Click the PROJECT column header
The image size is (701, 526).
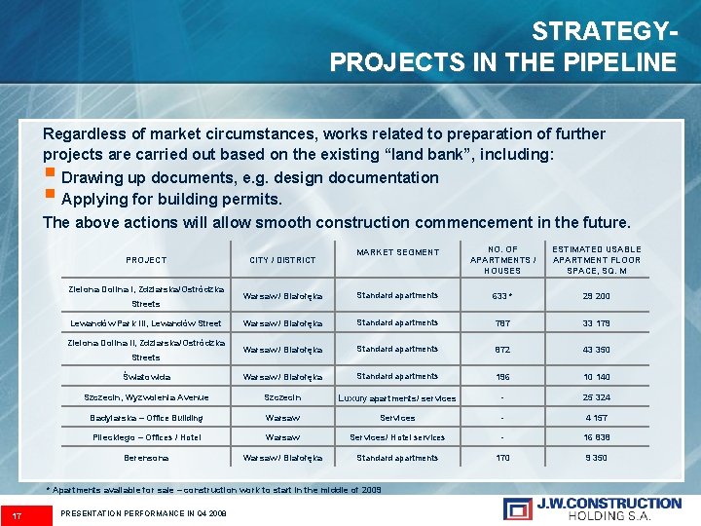146,260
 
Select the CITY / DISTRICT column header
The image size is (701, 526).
282,260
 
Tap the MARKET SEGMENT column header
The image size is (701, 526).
397,252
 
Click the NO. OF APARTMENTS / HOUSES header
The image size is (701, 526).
502,259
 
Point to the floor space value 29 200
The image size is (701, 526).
596,296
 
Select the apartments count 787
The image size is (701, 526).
502,323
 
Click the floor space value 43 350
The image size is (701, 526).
596,350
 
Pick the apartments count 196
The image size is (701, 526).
502,377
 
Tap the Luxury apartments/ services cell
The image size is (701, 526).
396,398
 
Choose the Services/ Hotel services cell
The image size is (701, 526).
397,437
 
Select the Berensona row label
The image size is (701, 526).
146,458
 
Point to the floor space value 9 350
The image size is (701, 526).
596,458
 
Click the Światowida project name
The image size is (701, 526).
146,377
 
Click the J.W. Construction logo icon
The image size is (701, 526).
517,508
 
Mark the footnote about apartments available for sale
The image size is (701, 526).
214,490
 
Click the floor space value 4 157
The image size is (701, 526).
596,418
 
